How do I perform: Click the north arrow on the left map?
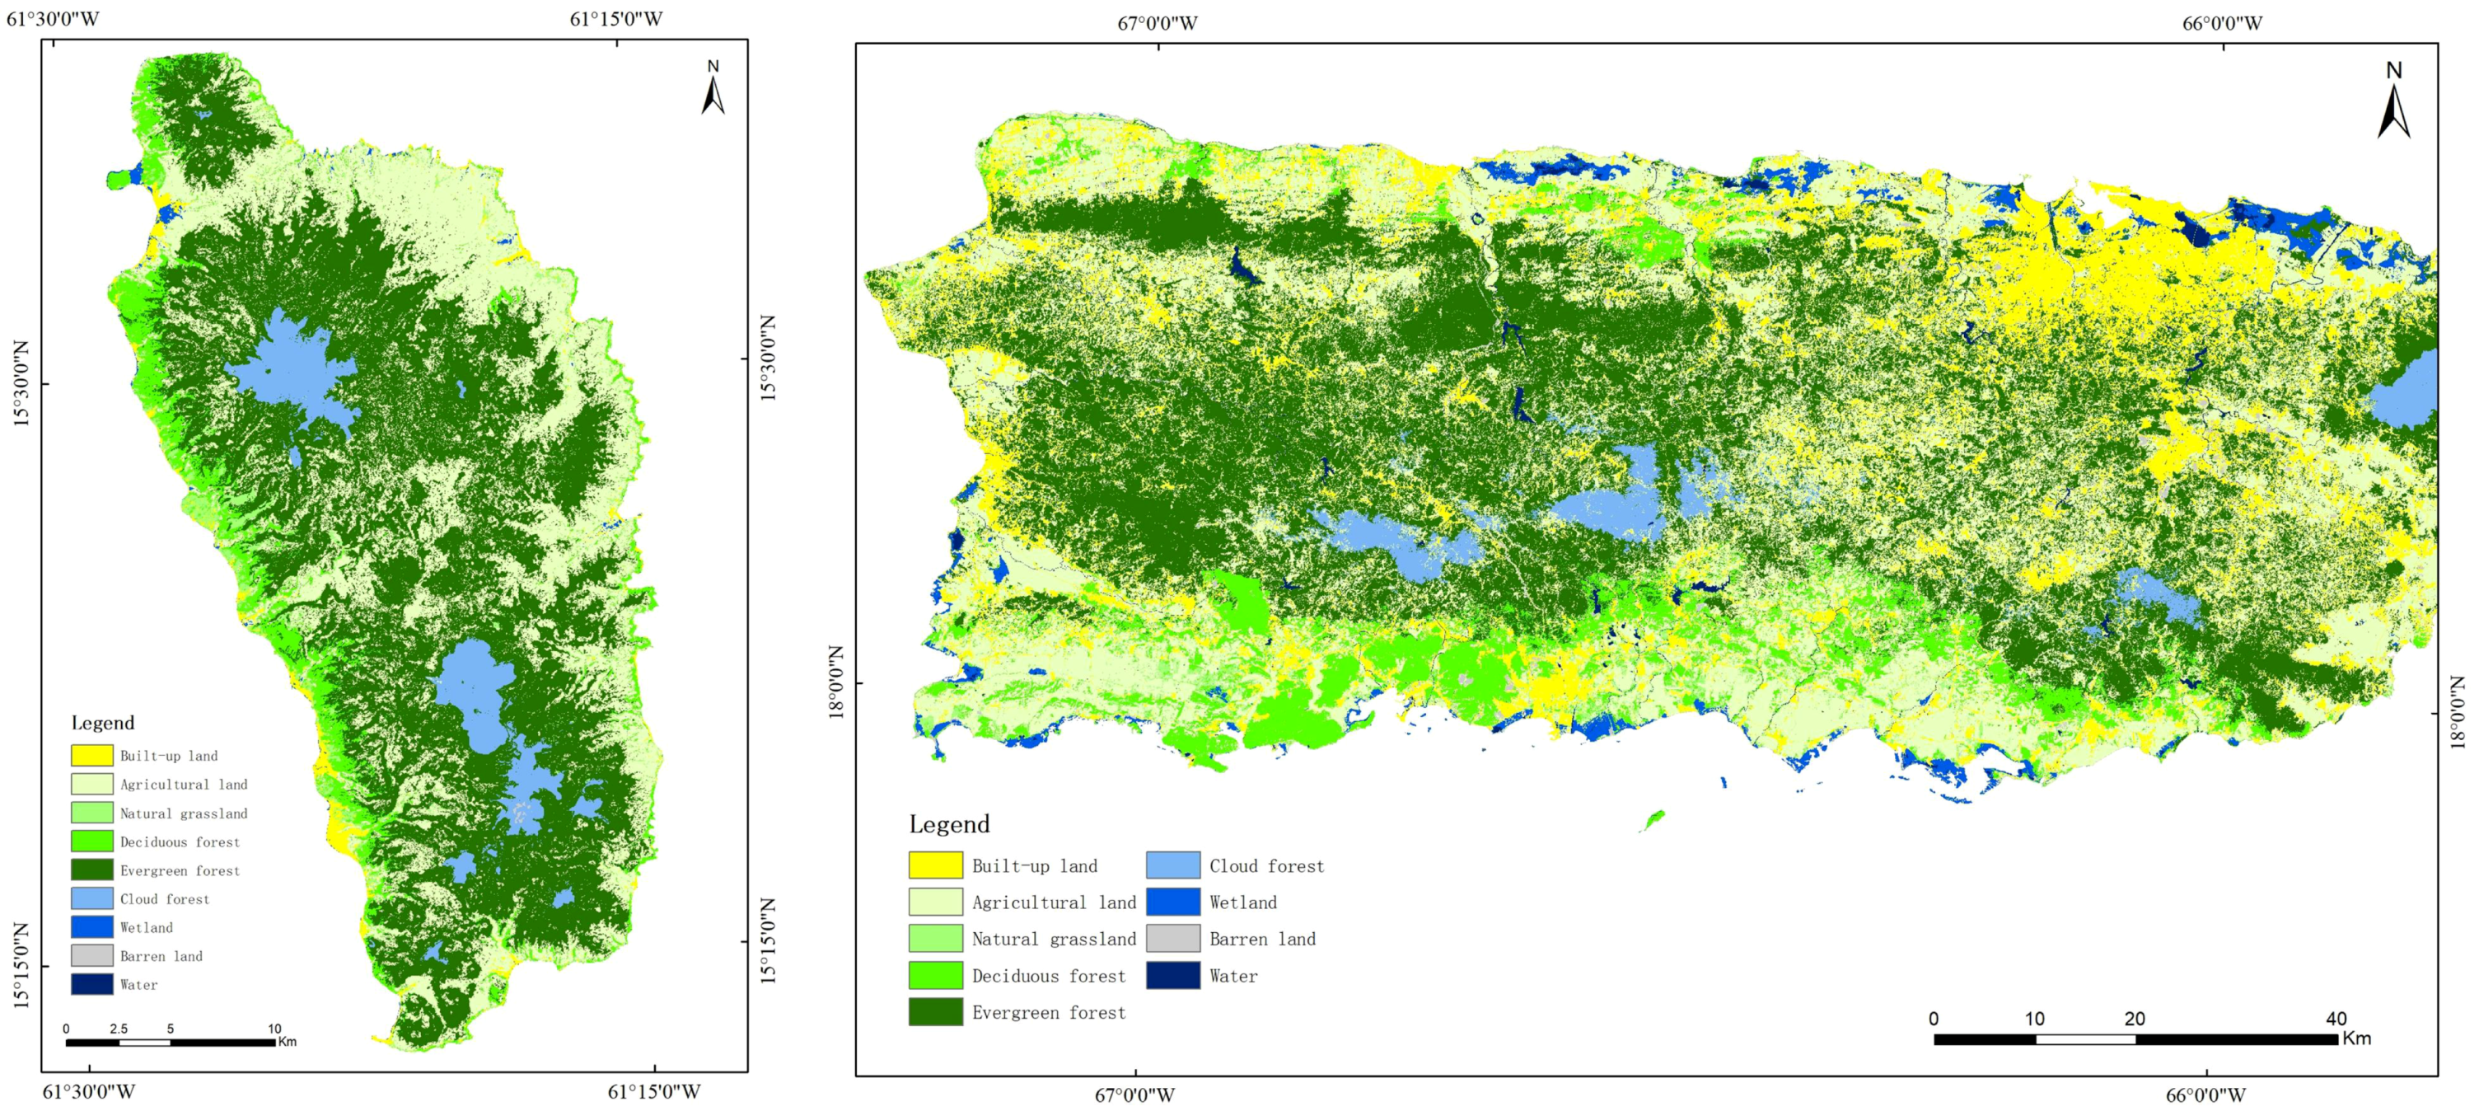[713, 88]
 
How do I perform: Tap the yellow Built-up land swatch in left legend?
[91, 756]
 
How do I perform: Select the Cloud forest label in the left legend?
[165, 899]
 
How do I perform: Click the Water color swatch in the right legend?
[1172, 975]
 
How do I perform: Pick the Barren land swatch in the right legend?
[1172, 939]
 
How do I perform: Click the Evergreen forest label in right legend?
[1048, 1013]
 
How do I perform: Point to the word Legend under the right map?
[949, 824]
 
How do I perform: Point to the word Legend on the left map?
[103, 723]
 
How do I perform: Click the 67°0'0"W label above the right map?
[1157, 23]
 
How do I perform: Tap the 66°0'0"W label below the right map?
[2205, 1095]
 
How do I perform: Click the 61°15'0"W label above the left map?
[616, 19]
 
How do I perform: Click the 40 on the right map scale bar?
[2336, 1019]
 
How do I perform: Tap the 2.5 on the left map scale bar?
[119, 1029]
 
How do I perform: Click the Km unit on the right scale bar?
[2357, 1038]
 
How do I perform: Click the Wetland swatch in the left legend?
[91, 927]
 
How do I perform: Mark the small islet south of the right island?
[1653, 820]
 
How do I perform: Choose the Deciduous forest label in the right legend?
[1048, 976]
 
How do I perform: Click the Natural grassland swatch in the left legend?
[91, 813]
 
